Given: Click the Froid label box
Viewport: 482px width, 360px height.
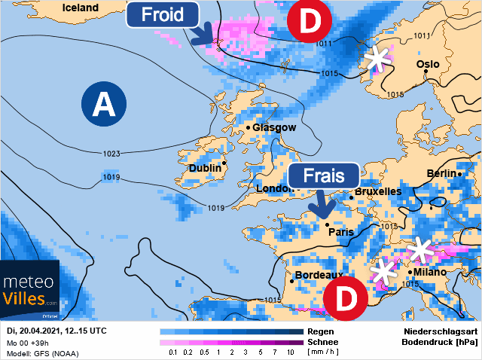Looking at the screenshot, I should pos(163,15).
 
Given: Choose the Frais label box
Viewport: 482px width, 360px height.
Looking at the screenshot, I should pos(324,175).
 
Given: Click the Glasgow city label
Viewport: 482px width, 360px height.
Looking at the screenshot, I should pos(274,127).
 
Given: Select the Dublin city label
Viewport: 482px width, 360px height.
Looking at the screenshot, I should pos(204,168).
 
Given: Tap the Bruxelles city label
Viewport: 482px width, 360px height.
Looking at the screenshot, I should pos(377,191).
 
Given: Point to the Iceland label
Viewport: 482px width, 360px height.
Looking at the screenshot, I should pos(80,8).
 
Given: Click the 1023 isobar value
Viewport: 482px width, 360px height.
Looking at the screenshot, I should pos(111,154).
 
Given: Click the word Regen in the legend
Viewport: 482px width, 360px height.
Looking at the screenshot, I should pos(321,331).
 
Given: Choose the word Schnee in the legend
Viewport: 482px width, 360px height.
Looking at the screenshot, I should pos(324,341).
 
